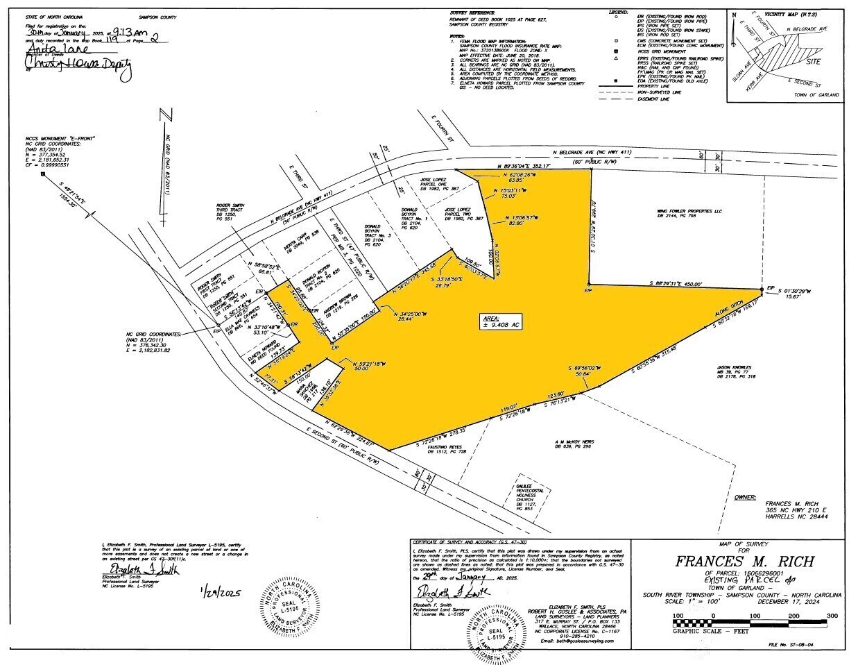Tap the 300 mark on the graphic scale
point(832,616)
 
